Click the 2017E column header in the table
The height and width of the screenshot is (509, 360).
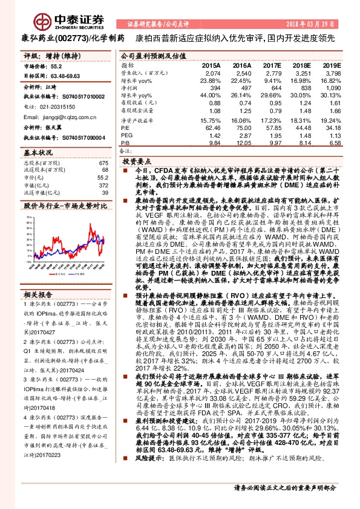[x=273, y=65]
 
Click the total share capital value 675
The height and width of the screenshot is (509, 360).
[x=103, y=163]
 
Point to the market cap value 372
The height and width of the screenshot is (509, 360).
[x=103, y=185]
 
